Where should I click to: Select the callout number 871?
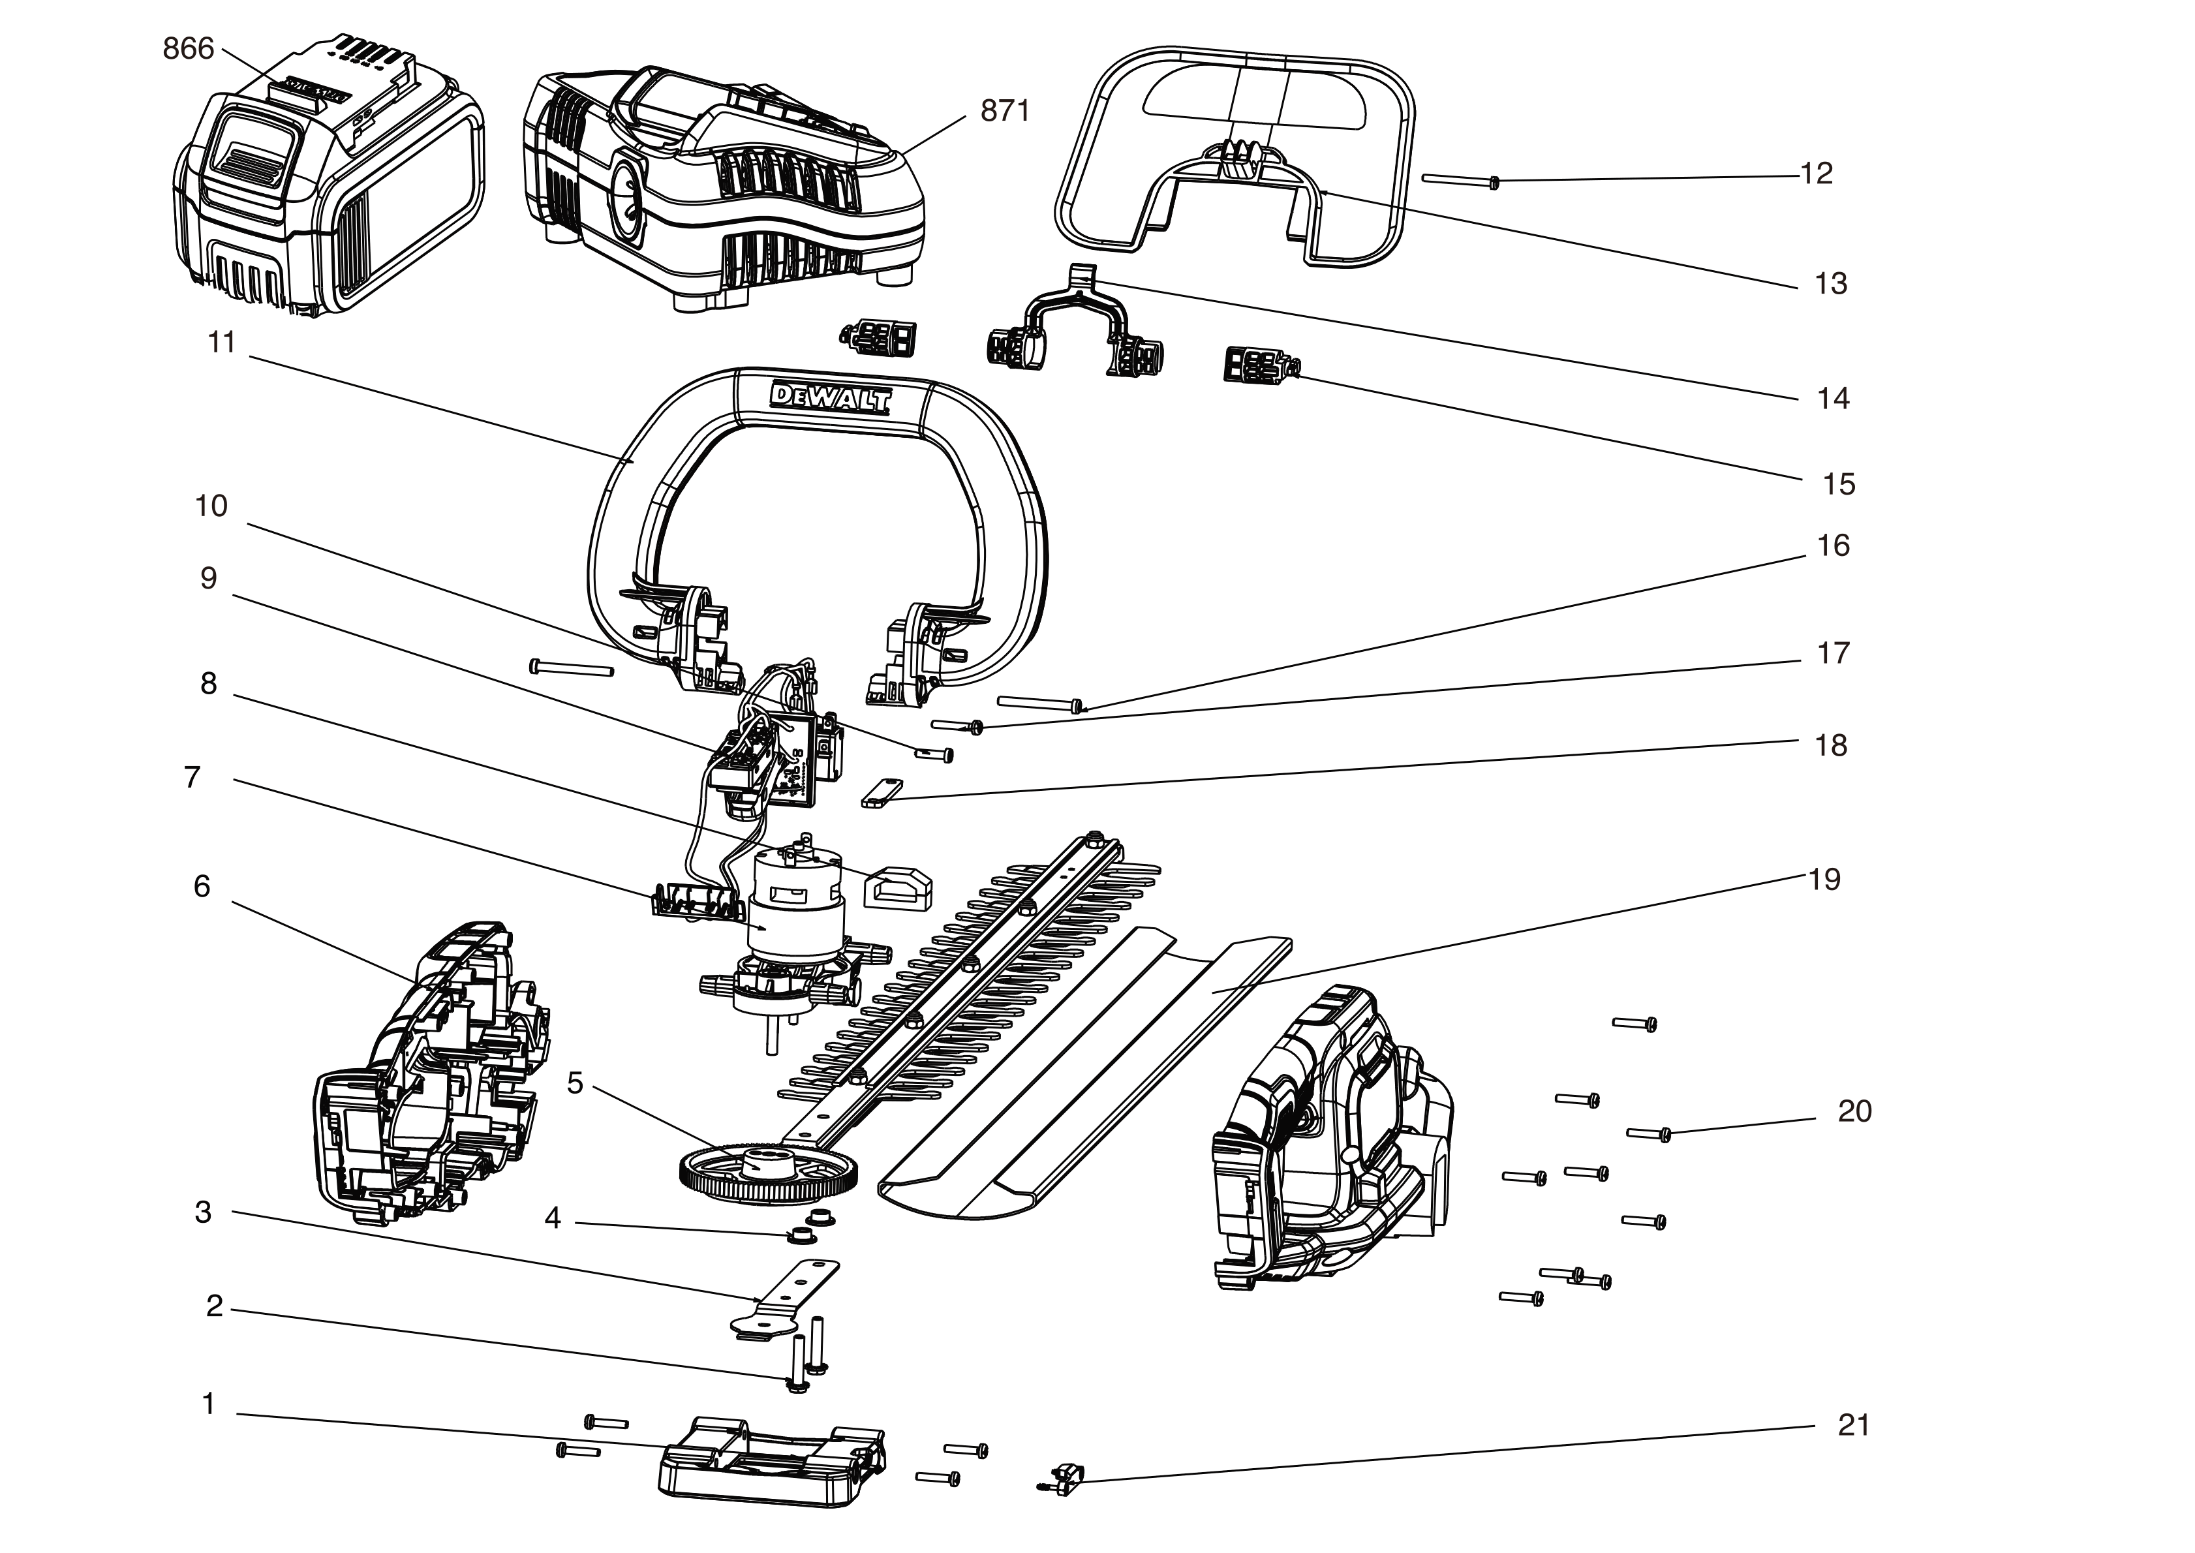(1005, 112)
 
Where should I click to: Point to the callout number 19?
(1824, 879)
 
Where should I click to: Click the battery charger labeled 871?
(727, 187)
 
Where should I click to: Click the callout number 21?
(1852, 1425)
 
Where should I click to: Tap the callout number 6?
(202, 887)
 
